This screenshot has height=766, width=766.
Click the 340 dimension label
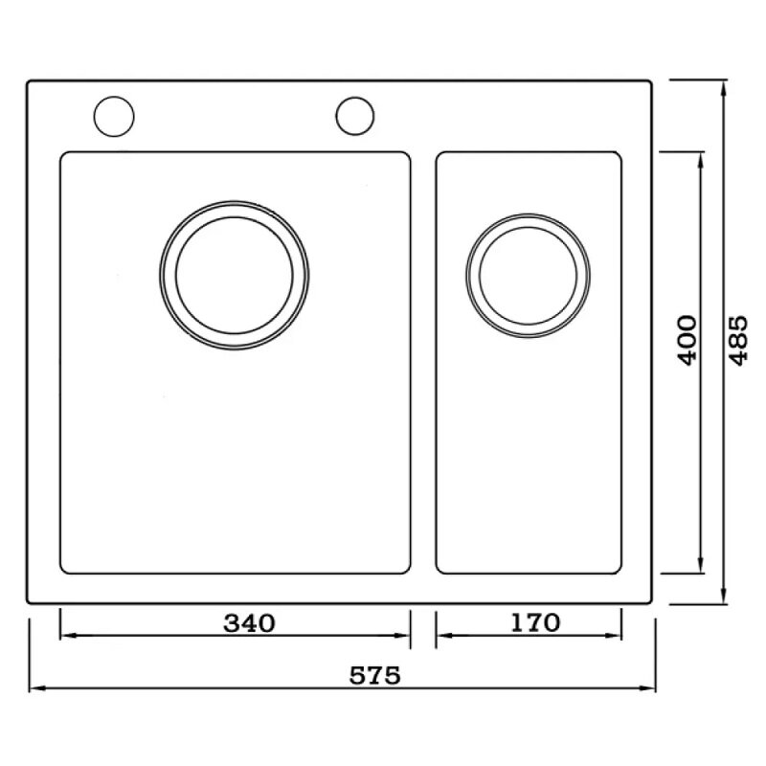(249, 623)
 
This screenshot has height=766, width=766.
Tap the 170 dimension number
(535, 622)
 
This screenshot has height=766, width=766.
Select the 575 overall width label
(375, 676)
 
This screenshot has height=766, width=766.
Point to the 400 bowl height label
(687, 341)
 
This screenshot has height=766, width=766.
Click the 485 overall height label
(738, 341)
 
